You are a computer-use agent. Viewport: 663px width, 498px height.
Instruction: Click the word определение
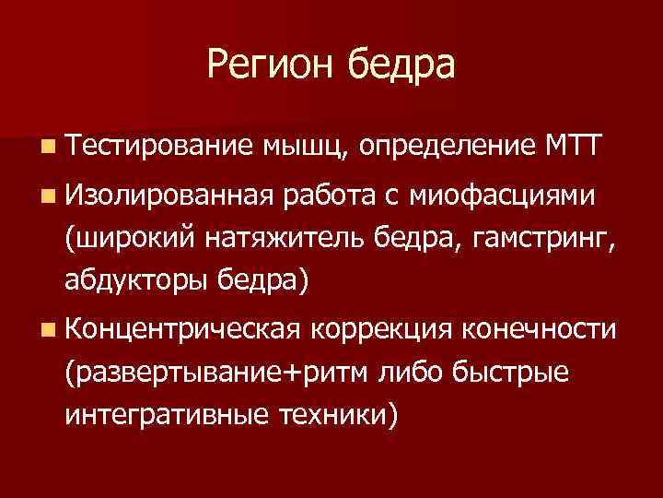(x=447, y=147)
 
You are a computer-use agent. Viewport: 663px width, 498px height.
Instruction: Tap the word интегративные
(x=165, y=415)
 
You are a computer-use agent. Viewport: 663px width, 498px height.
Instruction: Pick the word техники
(x=339, y=415)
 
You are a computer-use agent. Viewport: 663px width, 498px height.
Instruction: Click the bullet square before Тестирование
(x=46, y=145)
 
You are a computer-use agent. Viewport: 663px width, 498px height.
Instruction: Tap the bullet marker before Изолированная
(x=46, y=196)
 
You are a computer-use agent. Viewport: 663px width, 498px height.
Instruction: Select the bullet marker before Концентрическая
(x=46, y=330)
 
